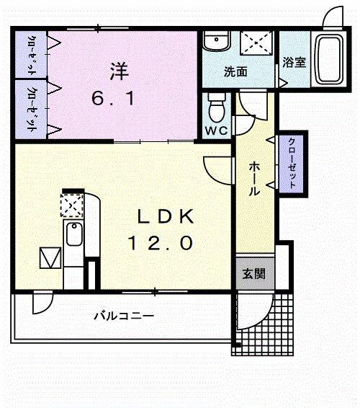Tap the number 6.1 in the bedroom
click(112, 100)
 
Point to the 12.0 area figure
click(161, 244)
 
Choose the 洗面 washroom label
click(235, 72)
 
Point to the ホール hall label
click(255, 179)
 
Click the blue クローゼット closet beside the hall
click(292, 162)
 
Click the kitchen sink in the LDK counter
click(72, 235)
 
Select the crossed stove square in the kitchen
click(72, 205)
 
